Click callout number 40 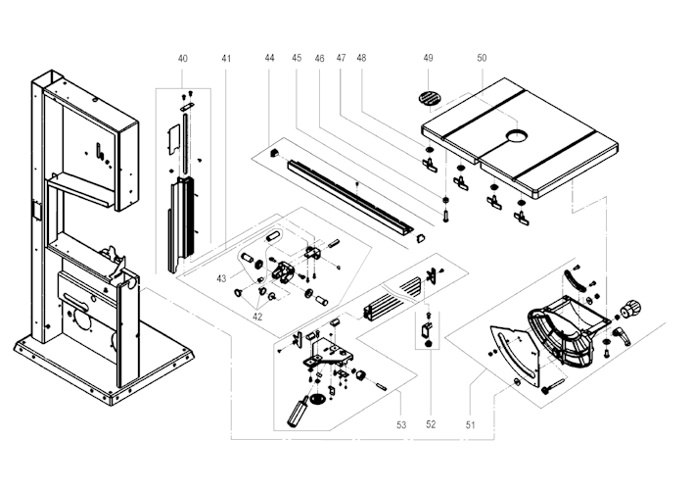coord(183,59)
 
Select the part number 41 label coord(226,59)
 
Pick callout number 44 coord(269,59)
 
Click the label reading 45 coord(297,59)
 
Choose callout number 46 coord(319,59)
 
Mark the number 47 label coord(341,59)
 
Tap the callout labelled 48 coord(361,59)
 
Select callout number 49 coord(428,59)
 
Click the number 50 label coord(482,59)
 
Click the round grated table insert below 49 coord(429,96)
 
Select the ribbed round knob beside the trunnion coord(630,310)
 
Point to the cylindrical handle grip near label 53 coord(296,413)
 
